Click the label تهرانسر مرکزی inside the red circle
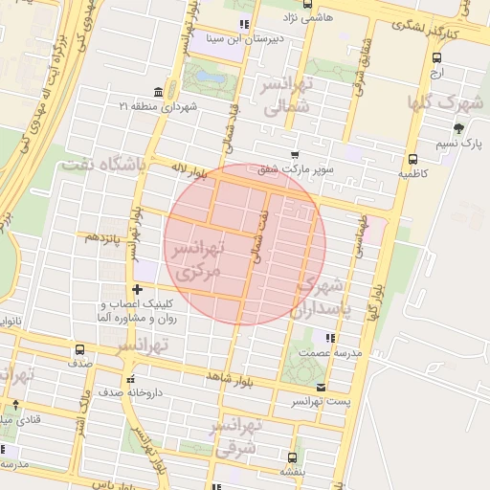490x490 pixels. click(197, 259)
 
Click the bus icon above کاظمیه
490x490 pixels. click(412, 160)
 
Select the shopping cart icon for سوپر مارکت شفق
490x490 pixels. click(296, 154)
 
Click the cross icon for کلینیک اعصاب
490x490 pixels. click(138, 289)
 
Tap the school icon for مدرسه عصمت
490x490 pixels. click(330, 338)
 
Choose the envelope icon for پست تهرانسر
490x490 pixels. click(321, 387)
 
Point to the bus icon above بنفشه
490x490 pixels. click(292, 457)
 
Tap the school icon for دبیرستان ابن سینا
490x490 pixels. click(245, 25)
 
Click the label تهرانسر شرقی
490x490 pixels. click(235, 435)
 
